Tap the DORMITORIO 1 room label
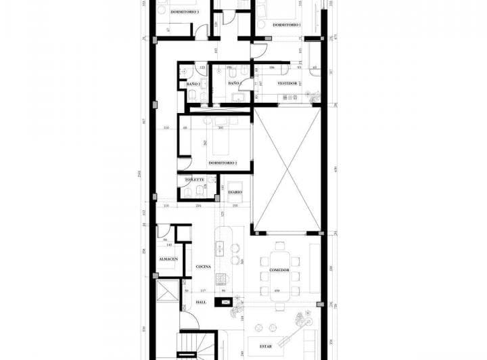coord(287,24)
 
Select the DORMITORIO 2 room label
coord(223,163)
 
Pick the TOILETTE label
coord(195,180)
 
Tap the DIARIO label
coord(235,192)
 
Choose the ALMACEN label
coord(168,259)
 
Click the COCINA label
coord(204,267)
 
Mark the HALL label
coord(201,302)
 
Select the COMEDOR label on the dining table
coord(279,270)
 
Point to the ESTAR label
coord(265,346)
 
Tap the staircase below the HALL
coord(193,345)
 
